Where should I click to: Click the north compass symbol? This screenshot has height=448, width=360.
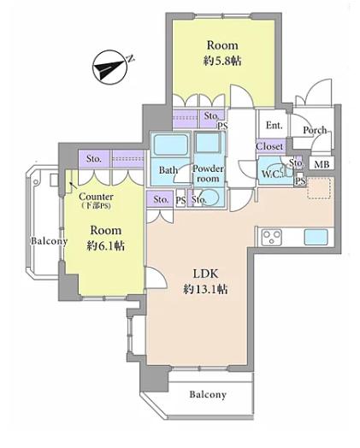pos(111,68)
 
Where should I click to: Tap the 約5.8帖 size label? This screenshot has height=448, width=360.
pos(222,61)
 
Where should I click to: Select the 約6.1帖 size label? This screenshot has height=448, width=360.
pos(106,245)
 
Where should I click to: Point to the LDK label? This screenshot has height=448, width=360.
pos(206,274)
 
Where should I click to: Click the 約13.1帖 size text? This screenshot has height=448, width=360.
pos(206,290)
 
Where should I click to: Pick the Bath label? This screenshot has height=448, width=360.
pos(168,170)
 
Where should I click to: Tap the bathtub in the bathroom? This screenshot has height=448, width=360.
pos(171,144)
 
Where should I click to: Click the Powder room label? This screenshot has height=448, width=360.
pos(208,174)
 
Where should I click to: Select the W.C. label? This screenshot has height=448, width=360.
pos(271,174)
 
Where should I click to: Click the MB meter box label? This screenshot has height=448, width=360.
pos(322,164)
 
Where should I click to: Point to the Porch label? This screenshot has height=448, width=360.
pos(315,130)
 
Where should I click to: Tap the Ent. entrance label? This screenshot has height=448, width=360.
pos(274,125)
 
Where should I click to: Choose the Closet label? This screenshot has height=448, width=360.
pos(269,146)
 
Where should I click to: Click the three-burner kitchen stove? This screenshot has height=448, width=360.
pos(271,238)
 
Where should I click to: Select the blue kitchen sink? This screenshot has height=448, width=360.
pos(316,237)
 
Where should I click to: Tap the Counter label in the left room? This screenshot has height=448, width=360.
pos(96,197)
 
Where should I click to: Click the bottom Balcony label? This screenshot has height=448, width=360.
pos(208,395)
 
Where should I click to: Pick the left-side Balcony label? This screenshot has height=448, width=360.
pos(49,241)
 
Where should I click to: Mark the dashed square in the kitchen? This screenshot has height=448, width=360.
pos(319,187)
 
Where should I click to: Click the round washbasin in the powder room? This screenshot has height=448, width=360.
pos(212,197)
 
